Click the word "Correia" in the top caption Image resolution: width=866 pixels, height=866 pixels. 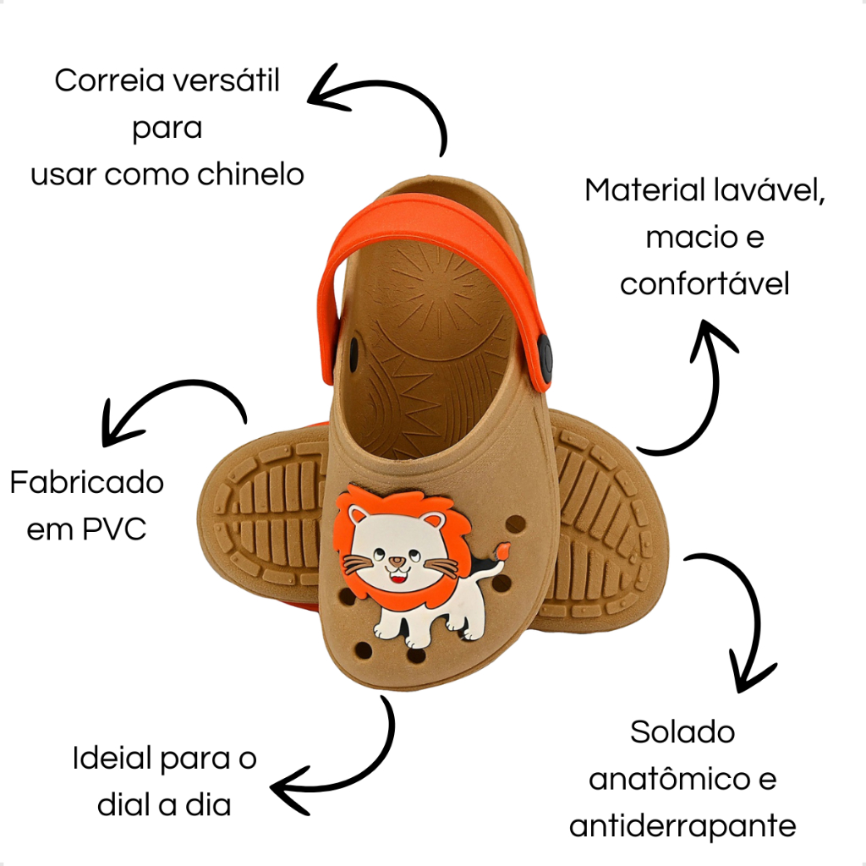click(x=110, y=80)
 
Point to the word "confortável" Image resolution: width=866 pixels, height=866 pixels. click(x=704, y=284)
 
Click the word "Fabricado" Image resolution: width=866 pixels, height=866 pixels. click(x=87, y=482)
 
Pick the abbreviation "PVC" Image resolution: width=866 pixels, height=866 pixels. click(x=114, y=529)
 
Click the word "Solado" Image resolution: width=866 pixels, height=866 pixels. click(x=682, y=732)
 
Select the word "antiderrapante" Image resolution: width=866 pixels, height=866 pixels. click(x=682, y=827)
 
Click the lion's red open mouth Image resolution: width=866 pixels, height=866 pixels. click(x=397, y=578)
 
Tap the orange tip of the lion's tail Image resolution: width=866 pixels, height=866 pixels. click(x=503, y=551)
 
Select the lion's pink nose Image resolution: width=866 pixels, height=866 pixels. click(x=395, y=562)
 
